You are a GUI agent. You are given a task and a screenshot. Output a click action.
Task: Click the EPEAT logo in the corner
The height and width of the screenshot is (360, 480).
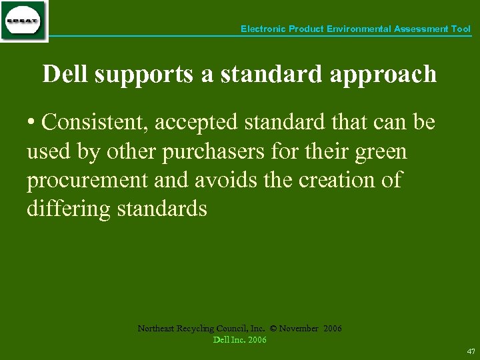[23, 21]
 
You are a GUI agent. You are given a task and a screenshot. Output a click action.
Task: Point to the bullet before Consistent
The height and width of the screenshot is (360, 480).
[31, 123]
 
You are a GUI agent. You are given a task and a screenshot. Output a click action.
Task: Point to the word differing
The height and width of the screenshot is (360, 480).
[69, 210]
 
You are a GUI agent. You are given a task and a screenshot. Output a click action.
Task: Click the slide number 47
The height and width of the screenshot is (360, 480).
[471, 351]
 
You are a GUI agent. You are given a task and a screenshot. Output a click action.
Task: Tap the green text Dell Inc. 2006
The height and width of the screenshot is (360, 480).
[239, 340]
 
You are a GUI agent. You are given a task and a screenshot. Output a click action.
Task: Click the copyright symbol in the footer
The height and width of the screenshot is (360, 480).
[272, 329]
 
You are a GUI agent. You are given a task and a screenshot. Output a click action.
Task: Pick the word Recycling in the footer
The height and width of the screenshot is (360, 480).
[196, 329]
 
